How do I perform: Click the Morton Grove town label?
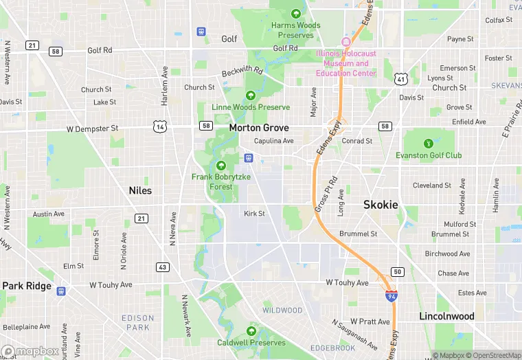tap(259, 128)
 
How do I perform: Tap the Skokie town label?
tap(381, 205)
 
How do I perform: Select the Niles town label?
tap(140, 190)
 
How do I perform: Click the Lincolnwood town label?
tap(446, 316)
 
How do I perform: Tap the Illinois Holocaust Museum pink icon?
tap(346, 42)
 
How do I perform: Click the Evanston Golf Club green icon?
tap(429, 144)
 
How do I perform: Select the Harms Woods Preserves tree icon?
tap(296, 13)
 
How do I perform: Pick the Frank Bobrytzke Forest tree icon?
tap(221, 166)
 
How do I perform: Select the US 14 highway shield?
tap(160, 126)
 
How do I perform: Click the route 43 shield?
tap(162, 267)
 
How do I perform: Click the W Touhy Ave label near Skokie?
tap(348, 282)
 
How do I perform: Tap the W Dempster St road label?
tap(92, 128)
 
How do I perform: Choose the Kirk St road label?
tap(254, 214)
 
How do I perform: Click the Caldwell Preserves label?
tap(251, 342)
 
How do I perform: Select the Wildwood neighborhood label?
tap(282, 311)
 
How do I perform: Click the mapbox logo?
tap(30, 351)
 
